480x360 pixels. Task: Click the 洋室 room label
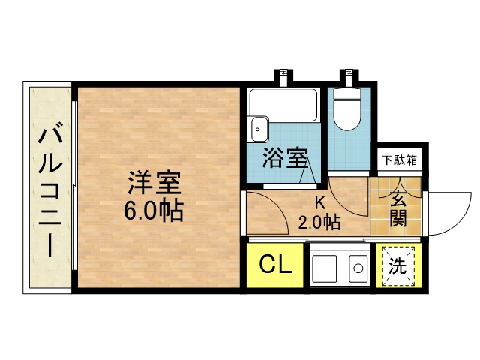pyautogui.click(x=154, y=183)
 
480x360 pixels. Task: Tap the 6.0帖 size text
pyautogui.click(x=154, y=211)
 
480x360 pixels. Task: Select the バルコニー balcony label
pyautogui.click(x=50, y=189)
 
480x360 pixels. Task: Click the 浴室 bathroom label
pyautogui.click(x=285, y=158)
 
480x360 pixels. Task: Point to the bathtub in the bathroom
pyautogui.click(x=283, y=105)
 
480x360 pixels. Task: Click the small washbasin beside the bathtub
pyautogui.click(x=260, y=129)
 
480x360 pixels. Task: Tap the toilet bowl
pyautogui.click(x=346, y=109)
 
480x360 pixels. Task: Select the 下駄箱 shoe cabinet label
pyautogui.click(x=400, y=160)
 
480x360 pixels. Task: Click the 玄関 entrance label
pyautogui.click(x=398, y=208)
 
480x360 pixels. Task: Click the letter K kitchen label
pyautogui.click(x=320, y=202)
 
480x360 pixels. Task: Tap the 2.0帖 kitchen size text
pyautogui.click(x=319, y=223)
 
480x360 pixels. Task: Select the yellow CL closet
pyautogui.click(x=275, y=265)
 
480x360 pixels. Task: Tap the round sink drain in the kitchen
pyautogui.click(x=358, y=268)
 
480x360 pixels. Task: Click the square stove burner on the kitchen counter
pyautogui.click(x=324, y=267)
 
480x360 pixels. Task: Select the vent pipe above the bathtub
pyautogui.click(x=283, y=76)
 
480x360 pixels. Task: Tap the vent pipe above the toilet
pyautogui.click(x=349, y=76)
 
